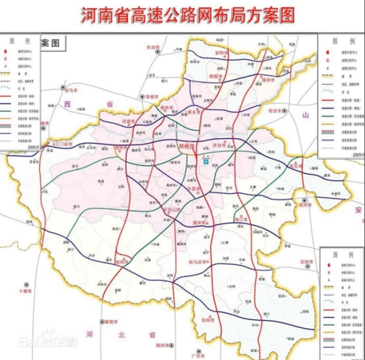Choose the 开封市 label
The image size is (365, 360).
point(220,145)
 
